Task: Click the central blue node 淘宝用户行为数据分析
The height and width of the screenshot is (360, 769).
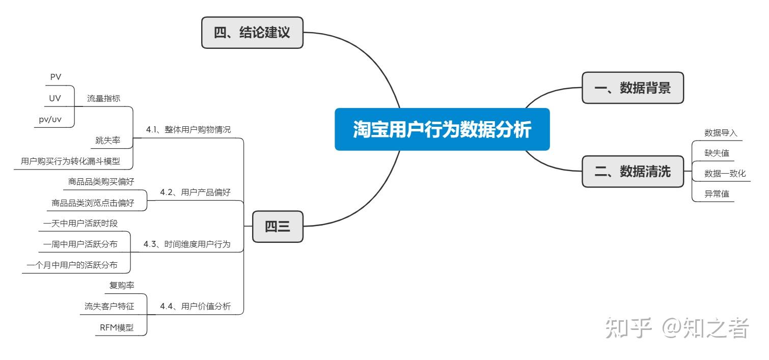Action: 442,129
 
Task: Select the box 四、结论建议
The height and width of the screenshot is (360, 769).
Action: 252,33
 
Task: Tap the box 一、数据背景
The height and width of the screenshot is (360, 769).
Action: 633,88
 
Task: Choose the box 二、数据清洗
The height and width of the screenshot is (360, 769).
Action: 633,171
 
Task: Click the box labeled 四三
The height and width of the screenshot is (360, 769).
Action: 278,227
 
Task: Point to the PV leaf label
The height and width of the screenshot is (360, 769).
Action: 56,77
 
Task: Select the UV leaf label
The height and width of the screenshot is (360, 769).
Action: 55,98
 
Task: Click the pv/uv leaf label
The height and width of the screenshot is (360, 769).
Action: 50,120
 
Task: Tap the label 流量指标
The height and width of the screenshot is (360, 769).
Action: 104,98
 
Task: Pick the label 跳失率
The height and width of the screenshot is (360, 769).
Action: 108,140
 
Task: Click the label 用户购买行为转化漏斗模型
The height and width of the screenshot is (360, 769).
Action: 70,161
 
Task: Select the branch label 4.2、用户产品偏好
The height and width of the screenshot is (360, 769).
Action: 196,192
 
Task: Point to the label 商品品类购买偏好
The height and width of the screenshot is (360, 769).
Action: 101,182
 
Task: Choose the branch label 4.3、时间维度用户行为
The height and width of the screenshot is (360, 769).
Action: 187,244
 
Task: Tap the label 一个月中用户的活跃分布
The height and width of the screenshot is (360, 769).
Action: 72,265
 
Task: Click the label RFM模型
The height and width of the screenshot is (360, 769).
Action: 117,327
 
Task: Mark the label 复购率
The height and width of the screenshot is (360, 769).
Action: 122,285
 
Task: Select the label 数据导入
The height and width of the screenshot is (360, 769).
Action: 721,133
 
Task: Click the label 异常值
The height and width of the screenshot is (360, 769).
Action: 717,194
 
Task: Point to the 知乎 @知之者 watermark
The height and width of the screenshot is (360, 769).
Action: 677,328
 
